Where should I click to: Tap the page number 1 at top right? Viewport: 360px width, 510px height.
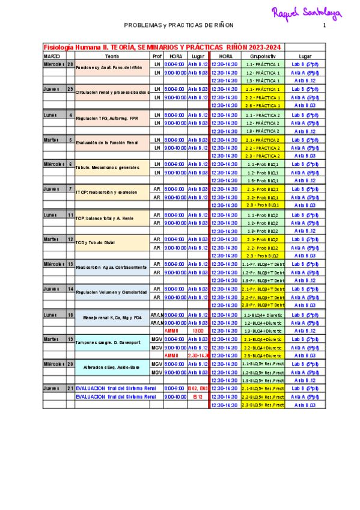tap(324, 25)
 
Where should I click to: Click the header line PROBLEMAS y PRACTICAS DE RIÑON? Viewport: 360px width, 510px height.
tap(178, 25)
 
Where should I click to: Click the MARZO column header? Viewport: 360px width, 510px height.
tap(52, 55)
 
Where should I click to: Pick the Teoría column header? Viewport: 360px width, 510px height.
tap(111, 55)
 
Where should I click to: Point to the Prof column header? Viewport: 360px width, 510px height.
tap(157, 55)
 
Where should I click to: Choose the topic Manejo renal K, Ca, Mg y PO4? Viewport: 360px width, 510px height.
tap(112, 318)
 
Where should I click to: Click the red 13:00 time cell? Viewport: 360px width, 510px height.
tap(198, 331)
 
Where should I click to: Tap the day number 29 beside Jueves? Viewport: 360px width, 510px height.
tap(70, 89)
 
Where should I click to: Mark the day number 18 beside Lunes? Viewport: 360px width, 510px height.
tap(70, 315)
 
